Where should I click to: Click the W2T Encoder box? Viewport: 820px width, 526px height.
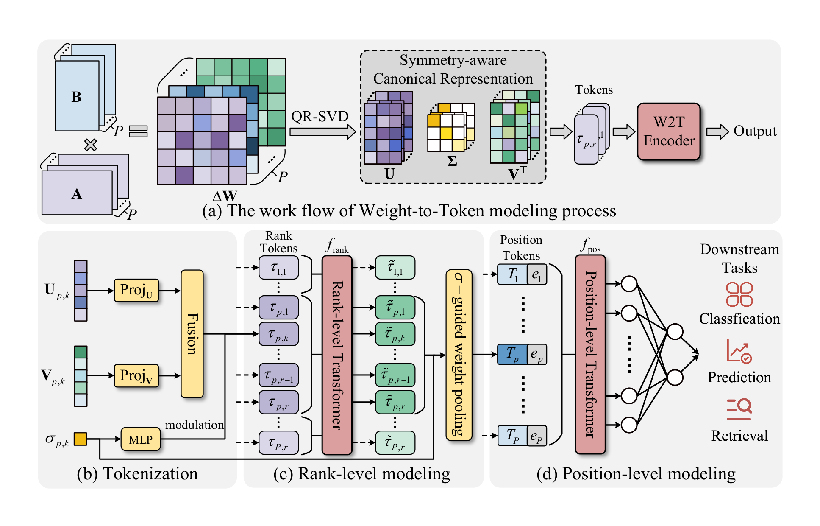pyautogui.click(x=668, y=131)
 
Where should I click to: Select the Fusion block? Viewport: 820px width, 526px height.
pyautogui.click(x=192, y=334)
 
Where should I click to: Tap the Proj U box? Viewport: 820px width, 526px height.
pyautogui.click(x=136, y=291)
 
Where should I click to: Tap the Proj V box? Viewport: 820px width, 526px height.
pyautogui.click(x=136, y=376)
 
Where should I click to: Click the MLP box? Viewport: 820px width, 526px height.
pyautogui.click(x=141, y=439)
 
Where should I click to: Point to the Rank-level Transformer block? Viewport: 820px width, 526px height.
pyautogui.click(x=337, y=355)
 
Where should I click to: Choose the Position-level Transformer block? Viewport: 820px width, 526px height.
pyautogui.click(x=590, y=355)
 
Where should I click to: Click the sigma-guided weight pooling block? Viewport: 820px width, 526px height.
pyautogui.click(x=459, y=355)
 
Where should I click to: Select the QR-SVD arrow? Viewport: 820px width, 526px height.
pyautogui.click(x=322, y=131)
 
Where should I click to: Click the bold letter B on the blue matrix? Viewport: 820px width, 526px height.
pyautogui.click(x=76, y=97)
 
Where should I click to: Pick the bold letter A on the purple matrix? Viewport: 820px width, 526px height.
pyautogui.click(x=77, y=194)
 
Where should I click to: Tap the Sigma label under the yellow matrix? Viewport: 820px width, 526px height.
pyautogui.click(x=452, y=161)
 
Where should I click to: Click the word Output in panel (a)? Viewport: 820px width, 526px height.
pyautogui.click(x=755, y=131)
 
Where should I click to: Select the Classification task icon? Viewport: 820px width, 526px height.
pyautogui.click(x=739, y=294)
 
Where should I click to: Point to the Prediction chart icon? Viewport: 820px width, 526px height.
pyautogui.click(x=739, y=351)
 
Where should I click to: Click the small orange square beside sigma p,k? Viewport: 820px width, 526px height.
pyautogui.click(x=80, y=439)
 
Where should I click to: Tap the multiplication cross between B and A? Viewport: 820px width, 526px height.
pyautogui.click(x=90, y=145)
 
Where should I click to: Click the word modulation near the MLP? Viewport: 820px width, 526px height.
pyautogui.click(x=195, y=425)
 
